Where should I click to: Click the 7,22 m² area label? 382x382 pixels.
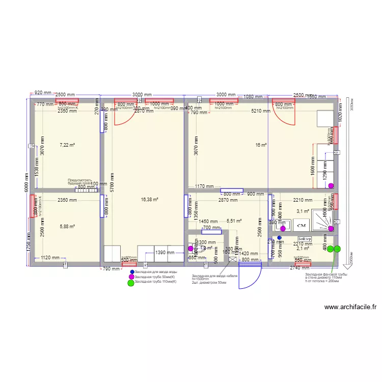[x=67, y=145]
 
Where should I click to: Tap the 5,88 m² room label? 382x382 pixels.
[x=67, y=227]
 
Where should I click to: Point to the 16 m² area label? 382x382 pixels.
[x=261, y=145]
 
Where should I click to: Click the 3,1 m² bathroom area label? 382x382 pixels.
[x=303, y=211]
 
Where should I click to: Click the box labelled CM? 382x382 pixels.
[x=301, y=225]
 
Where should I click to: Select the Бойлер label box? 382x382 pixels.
[x=305, y=238]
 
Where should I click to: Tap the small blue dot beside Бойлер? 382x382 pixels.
[x=280, y=238]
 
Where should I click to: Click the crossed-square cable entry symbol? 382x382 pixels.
[x=233, y=259]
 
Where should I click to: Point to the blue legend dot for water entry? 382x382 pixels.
[x=132, y=272]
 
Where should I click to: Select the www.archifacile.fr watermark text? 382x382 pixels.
[x=350, y=307]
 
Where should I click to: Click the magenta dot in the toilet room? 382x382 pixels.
[x=190, y=249]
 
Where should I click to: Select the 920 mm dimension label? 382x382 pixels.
[x=42, y=93]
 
